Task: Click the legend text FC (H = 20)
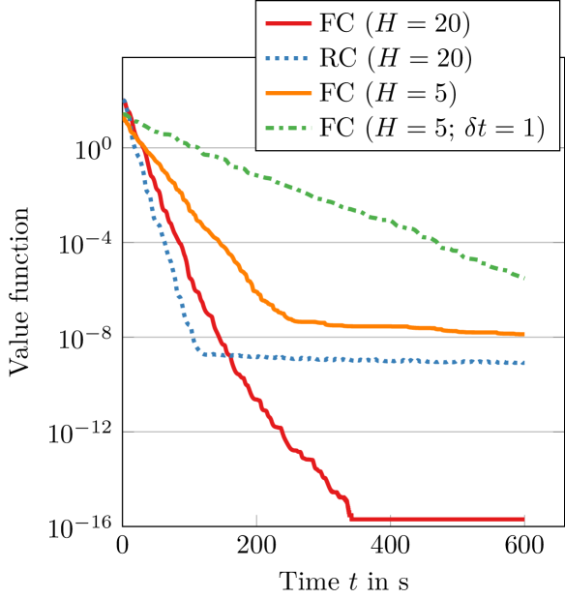[395, 22]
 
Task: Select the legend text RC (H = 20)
[395, 57]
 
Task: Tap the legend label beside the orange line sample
[388, 93]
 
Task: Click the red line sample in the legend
[287, 22]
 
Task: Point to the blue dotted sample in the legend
[287, 57]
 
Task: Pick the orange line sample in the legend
[287, 93]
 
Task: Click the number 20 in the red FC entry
[448, 22]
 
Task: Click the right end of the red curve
[523, 519]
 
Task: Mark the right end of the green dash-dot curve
[523, 278]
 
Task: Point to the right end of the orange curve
[523, 334]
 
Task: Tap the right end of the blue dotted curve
[523, 363]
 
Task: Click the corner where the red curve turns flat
[351, 518]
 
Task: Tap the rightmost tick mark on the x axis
[523, 520]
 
